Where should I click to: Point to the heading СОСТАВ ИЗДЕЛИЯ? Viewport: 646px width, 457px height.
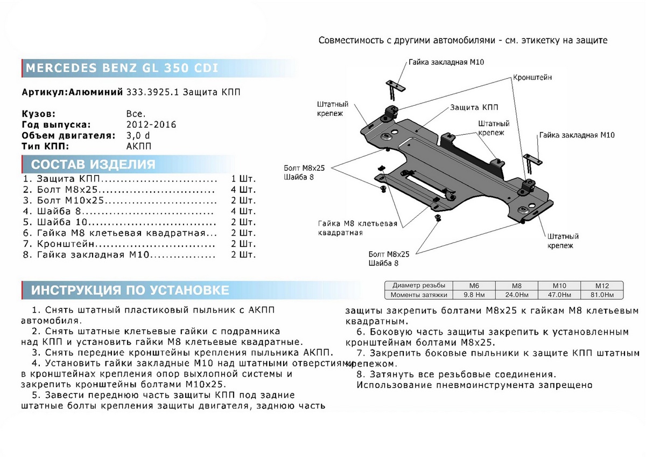(93, 165)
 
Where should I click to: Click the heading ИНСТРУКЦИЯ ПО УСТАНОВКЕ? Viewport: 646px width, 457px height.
(130, 290)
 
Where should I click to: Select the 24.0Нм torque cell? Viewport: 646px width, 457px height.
(517, 295)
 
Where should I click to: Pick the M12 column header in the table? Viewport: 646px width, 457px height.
(601, 286)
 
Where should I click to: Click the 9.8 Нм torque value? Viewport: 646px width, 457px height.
(474, 295)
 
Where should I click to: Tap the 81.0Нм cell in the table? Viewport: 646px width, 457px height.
(601, 295)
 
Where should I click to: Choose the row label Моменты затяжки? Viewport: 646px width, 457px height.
(419, 295)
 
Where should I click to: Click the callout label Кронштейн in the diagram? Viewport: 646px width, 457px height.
(532, 78)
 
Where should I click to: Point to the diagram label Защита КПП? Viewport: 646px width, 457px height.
(474, 107)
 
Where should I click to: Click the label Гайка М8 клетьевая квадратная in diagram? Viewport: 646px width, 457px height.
(357, 228)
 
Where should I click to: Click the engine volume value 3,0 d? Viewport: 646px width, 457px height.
(138, 135)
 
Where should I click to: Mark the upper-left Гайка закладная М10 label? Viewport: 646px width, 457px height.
(446, 62)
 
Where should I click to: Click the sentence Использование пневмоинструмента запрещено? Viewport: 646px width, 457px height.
(474, 385)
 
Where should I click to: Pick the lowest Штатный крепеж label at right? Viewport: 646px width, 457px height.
(563, 241)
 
